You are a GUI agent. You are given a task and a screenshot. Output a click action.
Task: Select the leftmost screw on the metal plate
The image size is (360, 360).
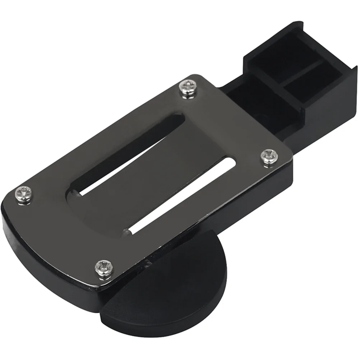pos(22,194)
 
